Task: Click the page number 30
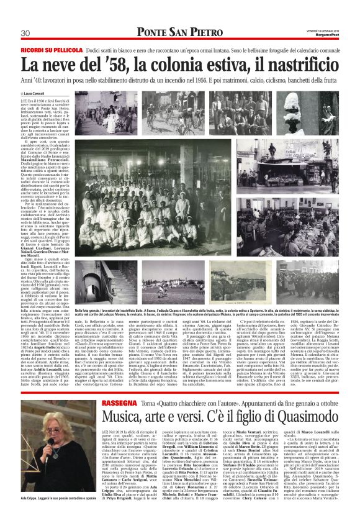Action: click(x=25, y=33)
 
